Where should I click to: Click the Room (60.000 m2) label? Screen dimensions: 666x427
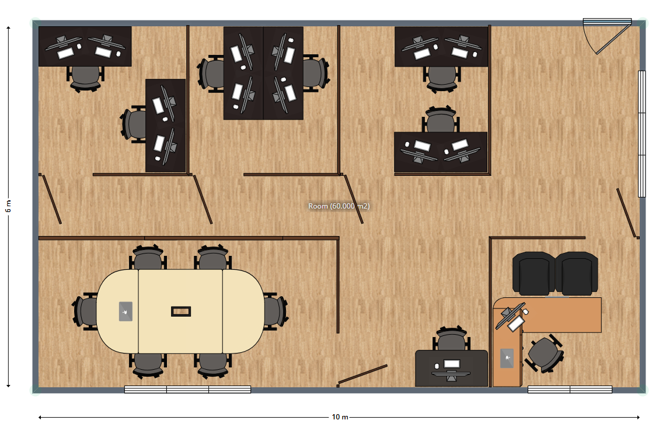pyautogui.click(x=339, y=206)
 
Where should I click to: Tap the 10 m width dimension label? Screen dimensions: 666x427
pyautogui.click(x=340, y=417)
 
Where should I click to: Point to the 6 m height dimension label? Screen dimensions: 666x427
pyautogui.click(x=8, y=206)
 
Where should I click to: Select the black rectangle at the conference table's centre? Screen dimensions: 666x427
pyautogui.click(x=181, y=311)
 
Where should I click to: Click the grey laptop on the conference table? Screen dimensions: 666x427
pyautogui.click(x=125, y=311)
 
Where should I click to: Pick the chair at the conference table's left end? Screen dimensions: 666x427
pyautogui.click(x=85, y=311)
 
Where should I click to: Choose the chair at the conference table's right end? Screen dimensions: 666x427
pyautogui.click(x=276, y=311)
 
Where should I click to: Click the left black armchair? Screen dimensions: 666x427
pyautogui.click(x=534, y=273)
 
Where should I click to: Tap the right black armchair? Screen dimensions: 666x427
pyautogui.click(x=576, y=273)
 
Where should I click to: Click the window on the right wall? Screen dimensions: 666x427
pyautogui.click(x=642, y=134)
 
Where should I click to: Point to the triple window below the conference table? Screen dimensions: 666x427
pyautogui.click(x=187, y=390)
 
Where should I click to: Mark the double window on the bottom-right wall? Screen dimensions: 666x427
pyautogui.click(x=570, y=390)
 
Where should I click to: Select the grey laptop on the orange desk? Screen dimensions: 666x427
pyautogui.click(x=507, y=358)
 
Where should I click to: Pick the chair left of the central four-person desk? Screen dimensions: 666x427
pyautogui.click(x=211, y=74)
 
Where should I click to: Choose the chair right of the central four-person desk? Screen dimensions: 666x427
pyautogui.click(x=316, y=74)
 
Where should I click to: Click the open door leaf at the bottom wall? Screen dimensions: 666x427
pyautogui.click(x=362, y=374)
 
